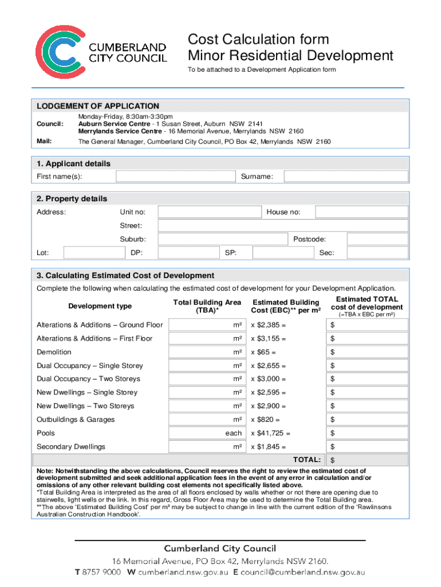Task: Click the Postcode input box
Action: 377,239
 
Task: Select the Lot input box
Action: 93,253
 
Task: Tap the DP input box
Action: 182,253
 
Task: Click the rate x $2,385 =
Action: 268,325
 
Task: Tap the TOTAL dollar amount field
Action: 367,460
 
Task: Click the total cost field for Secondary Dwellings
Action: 367,447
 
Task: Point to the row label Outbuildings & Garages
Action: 76,420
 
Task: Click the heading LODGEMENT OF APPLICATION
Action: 98,106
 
